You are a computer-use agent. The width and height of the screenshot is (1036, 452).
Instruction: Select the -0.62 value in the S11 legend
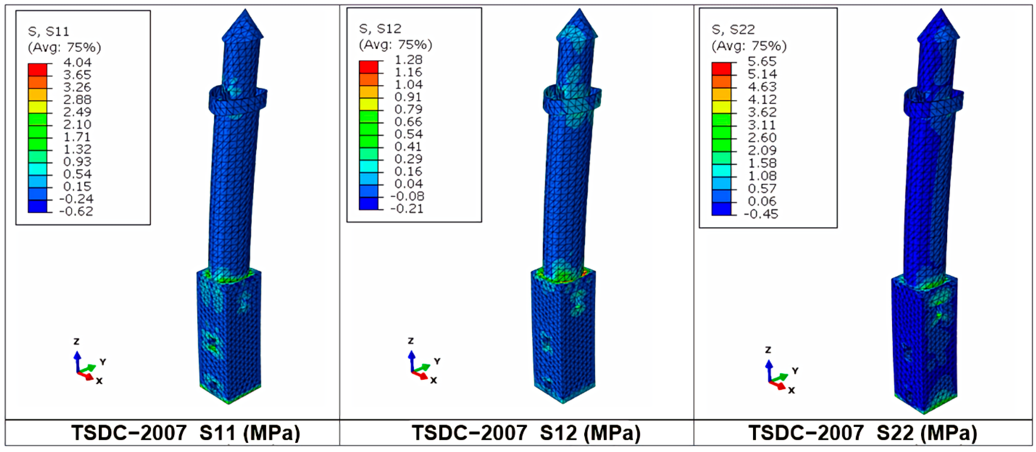click(76, 211)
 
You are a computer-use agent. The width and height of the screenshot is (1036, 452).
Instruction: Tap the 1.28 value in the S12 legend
click(409, 60)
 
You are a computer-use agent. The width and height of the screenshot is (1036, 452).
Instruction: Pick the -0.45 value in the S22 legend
click(761, 214)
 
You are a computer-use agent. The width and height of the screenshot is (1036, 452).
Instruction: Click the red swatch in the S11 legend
click(37, 70)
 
